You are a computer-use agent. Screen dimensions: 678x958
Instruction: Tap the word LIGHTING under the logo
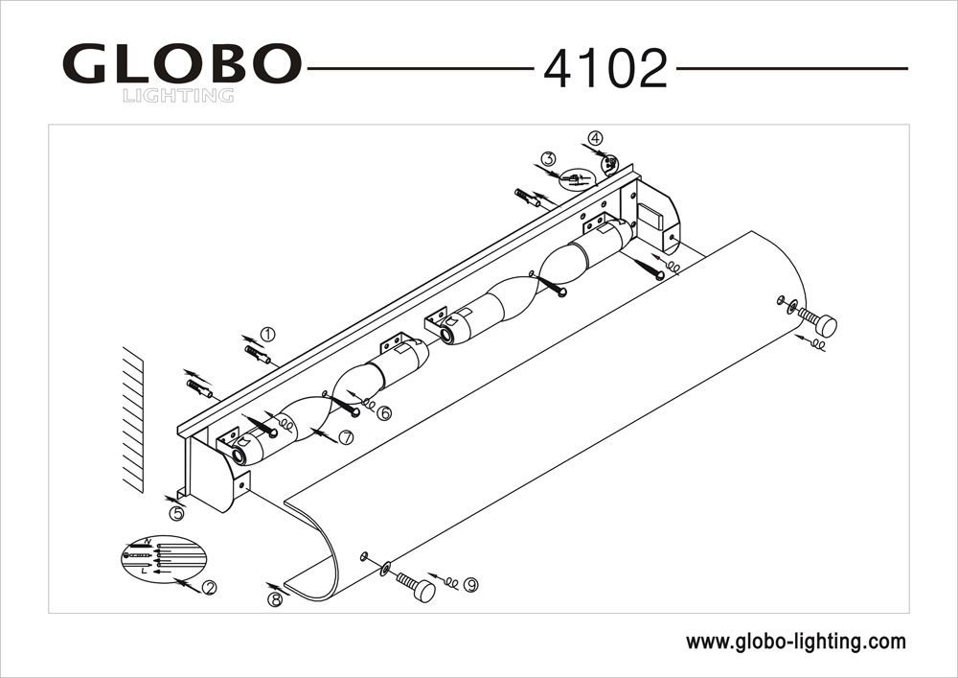[178, 95]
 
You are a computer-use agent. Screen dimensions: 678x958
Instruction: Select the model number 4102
[604, 69]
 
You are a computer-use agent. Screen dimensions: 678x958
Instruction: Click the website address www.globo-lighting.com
[795, 642]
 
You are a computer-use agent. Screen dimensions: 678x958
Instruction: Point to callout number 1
[267, 335]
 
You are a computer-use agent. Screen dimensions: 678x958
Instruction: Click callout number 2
[207, 587]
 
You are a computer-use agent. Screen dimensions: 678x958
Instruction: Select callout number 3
[547, 158]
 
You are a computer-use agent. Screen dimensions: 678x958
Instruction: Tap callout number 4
[596, 138]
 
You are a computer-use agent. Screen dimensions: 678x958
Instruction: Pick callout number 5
[176, 513]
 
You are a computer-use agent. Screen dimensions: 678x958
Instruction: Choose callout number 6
[384, 413]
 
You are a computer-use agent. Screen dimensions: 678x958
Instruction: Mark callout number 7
[346, 437]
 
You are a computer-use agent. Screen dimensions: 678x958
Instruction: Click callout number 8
[276, 599]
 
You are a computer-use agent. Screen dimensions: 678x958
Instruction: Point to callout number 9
[470, 584]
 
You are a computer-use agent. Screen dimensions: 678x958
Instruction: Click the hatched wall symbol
[132, 423]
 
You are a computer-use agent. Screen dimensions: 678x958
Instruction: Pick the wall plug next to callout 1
[258, 356]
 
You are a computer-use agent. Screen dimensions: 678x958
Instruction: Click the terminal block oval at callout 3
[578, 179]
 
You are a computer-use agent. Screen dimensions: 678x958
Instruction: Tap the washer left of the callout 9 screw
[385, 569]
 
